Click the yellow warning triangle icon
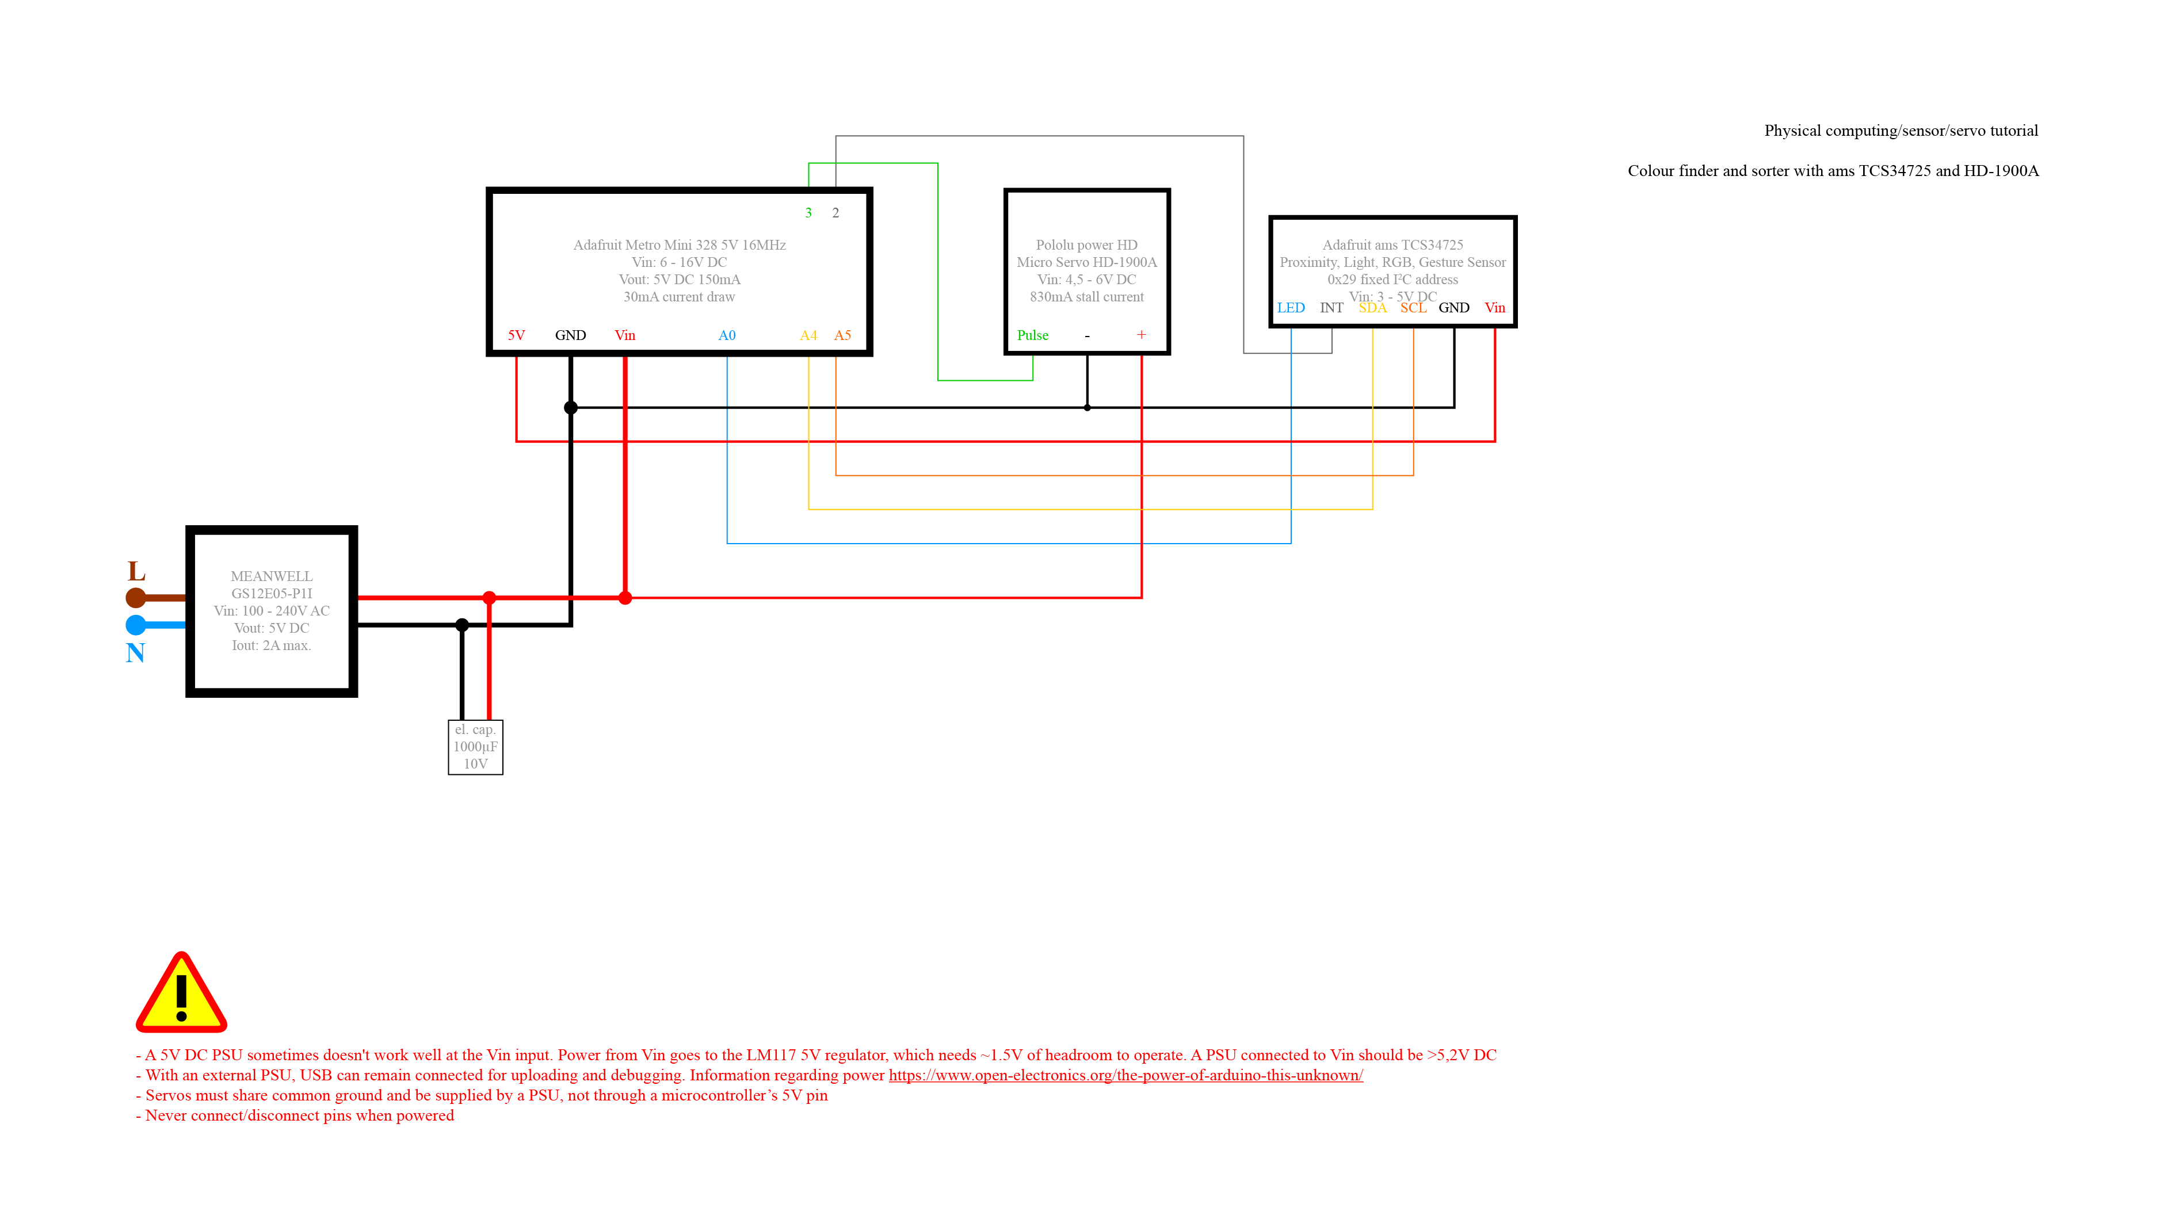(x=181, y=994)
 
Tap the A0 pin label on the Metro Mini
(x=726, y=335)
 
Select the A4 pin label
(x=808, y=335)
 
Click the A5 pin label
(x=842, y=335)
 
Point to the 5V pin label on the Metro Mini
(x=516, y=335)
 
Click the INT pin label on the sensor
(x=1331, y=307)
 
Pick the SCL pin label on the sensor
(x=1413, y=307)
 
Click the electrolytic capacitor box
(x=475, y=746)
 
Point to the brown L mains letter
(x=136, y=571)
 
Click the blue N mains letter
(x=135, y=652)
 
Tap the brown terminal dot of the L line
(x=135, y=598)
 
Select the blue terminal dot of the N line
(x=135, y=625)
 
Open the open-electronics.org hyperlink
(x=1125, y=1075)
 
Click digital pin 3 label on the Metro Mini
(x=808, y=213)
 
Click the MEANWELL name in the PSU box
(x=271, y=576)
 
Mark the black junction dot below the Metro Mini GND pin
(x=571, y=408)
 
